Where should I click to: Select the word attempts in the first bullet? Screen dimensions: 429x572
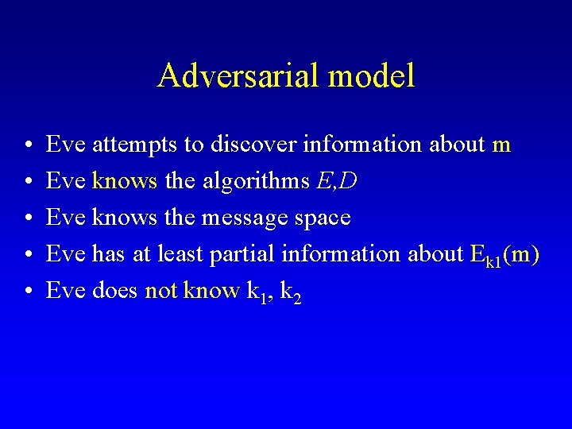[129, 145]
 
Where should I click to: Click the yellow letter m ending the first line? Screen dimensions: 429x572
[501, 145]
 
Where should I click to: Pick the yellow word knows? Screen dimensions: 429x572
[125, 181]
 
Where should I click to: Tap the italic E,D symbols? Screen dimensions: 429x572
[336, 181]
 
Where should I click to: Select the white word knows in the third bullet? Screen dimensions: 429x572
[125, 218]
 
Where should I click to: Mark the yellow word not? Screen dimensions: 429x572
[161, 291]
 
